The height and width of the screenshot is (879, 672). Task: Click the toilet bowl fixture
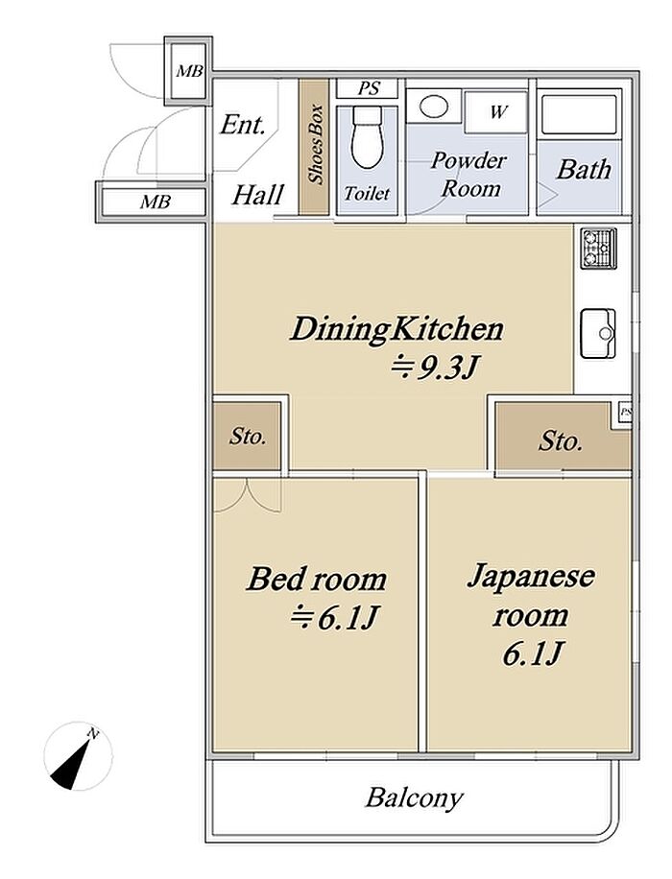(367, 138)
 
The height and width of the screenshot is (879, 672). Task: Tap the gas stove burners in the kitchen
(598, 248)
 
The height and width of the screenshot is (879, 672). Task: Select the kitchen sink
(598, 333)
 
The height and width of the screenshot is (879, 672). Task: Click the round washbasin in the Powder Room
(433, 107)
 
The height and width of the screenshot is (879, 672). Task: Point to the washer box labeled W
(496, 112)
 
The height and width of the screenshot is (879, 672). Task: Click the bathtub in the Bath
(580, 115)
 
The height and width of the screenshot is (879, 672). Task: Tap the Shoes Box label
(316, 144)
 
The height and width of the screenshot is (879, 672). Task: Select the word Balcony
(415, 797)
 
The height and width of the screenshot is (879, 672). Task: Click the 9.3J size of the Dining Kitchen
(435, 368)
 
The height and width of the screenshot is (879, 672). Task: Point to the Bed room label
(317, 579)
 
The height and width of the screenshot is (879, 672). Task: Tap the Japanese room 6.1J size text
(532, 653)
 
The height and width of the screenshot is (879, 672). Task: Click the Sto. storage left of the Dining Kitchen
(248, 436)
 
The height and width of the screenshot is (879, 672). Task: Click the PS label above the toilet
(369, 88)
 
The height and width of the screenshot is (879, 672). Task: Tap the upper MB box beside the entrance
(189, 71)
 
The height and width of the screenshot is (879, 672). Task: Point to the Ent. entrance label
(242, 125)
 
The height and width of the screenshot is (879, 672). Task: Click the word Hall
(258, 195)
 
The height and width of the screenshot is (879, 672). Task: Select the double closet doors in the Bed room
(247, 495)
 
